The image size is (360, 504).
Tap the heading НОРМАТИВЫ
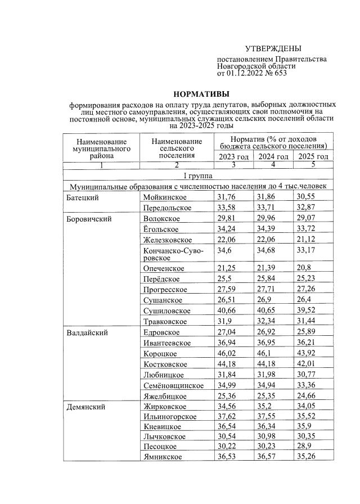pos(201,94)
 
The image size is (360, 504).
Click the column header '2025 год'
pos(313,156)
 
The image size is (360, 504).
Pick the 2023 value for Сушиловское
pos(227,310)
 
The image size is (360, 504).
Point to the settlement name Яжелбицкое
pos(168,395)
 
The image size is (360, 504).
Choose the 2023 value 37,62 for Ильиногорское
pos(228,417)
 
